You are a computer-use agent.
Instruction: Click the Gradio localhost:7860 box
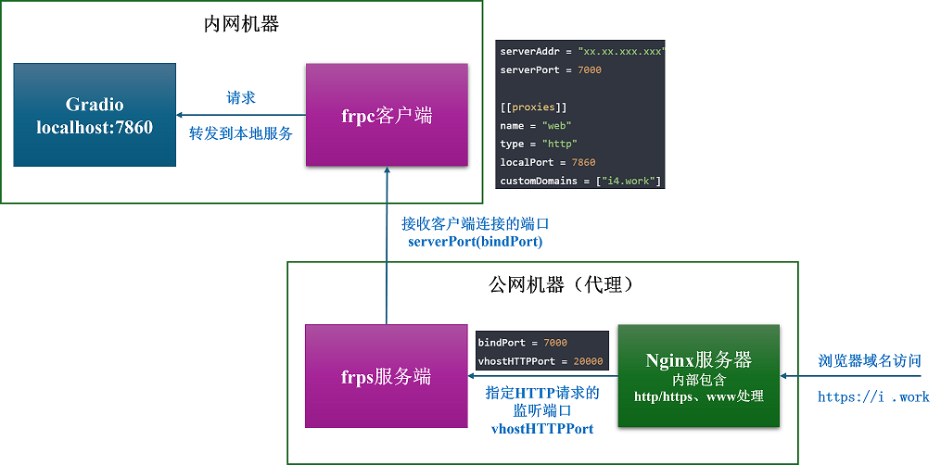click(95, 115)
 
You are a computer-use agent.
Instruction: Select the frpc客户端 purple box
click(387, 115)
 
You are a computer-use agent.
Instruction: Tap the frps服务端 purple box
click(386, 376)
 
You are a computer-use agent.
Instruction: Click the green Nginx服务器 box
click(698, 376)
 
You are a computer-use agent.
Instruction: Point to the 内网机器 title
click(241, 25)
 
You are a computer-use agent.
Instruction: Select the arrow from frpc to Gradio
click(241, 115)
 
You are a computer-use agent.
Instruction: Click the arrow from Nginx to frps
click(542, 376)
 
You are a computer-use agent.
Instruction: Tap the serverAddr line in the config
click(581, 52)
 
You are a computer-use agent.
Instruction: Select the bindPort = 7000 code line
click(523, 343)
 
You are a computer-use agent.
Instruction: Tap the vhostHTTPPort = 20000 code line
click(541, 361)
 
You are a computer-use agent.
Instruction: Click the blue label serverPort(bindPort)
click(475, 242)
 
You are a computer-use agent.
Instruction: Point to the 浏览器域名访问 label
click(870, 361)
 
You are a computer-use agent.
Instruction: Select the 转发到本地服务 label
click(241, 133)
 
